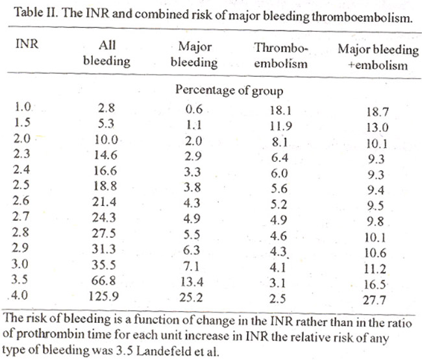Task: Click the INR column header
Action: tap(27, 44)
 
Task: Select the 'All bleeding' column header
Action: tap(107, 53)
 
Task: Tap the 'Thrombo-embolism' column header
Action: tap(280, 56)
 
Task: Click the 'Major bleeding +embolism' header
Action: tap(378, 57)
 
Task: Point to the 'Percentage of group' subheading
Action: tap(229, 90)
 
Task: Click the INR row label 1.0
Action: tap(23, 107)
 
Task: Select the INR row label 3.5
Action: tap(19, 279)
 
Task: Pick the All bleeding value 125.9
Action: tap(104, 296)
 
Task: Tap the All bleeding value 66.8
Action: tap(104, 281)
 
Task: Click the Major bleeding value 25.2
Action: tap(191, 298)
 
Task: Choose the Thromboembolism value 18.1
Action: tap(280, 110)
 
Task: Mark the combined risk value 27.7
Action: tap(375, 300)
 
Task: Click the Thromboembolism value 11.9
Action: tap(281, 126)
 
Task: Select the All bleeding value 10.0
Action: tap(106, 140)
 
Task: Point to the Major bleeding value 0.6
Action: tap(193, 109)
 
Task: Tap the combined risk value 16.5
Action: tap(375, 285)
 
